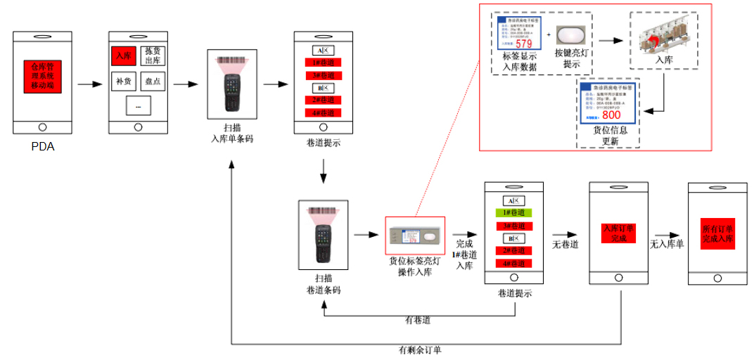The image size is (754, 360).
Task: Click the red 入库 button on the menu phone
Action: (x=123, y=56)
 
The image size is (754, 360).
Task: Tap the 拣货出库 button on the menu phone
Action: (x=153, y=56)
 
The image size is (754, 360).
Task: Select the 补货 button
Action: (x=123, y=81)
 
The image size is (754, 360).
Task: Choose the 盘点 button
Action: (x=153, y=81)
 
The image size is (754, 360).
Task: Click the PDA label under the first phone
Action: (x=42, y=147)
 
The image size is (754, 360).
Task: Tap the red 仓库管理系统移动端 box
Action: (x=42, y=75)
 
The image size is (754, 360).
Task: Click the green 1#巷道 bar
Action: (x=514, y=212)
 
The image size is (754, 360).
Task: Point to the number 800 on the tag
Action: (x=611, y=115)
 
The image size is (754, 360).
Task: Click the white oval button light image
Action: (x=570, y=36)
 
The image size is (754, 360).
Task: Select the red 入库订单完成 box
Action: (x=618, y=233)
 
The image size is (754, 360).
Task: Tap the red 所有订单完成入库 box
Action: (x=717, y=233)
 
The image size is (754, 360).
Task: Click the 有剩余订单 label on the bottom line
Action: (x=421, y=349)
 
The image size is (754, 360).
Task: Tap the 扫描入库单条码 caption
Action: (x=232, y=134)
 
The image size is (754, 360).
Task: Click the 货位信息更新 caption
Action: (x=610, y=136)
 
